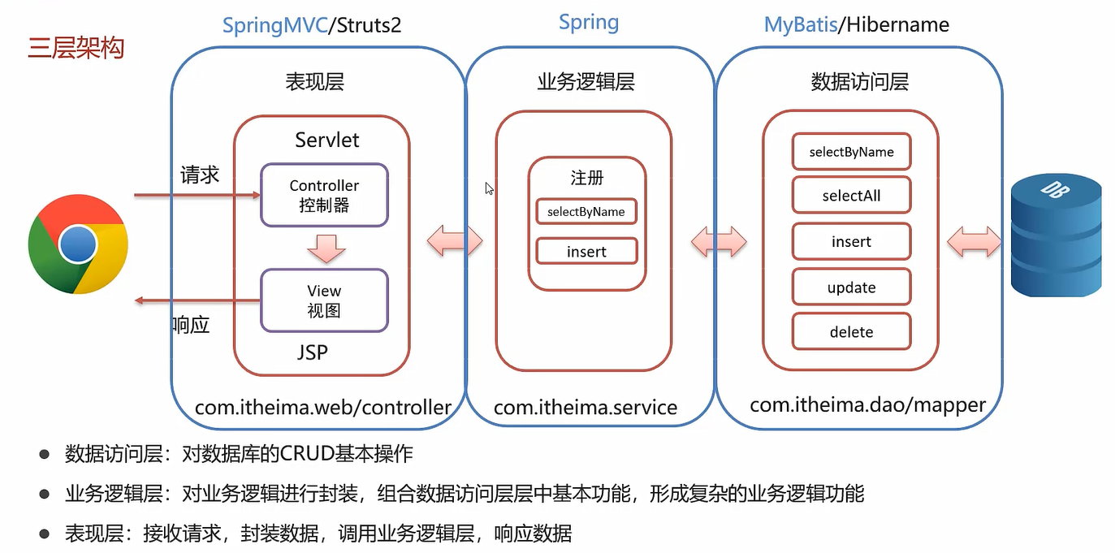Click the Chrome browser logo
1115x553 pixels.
pos(78,244)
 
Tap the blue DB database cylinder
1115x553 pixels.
pos(1057,235)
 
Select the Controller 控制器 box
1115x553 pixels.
pos(325,195)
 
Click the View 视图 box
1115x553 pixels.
pos(325,300)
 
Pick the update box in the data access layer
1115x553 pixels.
pos(852,287)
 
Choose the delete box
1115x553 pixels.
pos(852,331)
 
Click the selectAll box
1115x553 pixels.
pos(852,195)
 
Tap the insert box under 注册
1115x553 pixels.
pos(587,252)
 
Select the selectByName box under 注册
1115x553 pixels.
pos(586,212)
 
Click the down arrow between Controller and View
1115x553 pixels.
pos(326,248)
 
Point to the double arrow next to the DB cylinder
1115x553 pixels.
pos(974,242)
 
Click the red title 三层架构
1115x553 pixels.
pos(76,48)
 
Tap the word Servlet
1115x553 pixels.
pos(327,140)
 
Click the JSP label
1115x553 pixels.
pos(313,352)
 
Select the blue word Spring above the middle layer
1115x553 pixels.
pos(589,23)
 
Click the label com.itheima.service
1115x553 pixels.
pos(586,407)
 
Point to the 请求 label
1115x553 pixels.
pos(200,175)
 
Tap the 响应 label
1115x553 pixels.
pos(191,325)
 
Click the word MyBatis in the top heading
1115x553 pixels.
pos(801,25)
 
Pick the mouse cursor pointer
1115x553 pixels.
pos(489,188)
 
